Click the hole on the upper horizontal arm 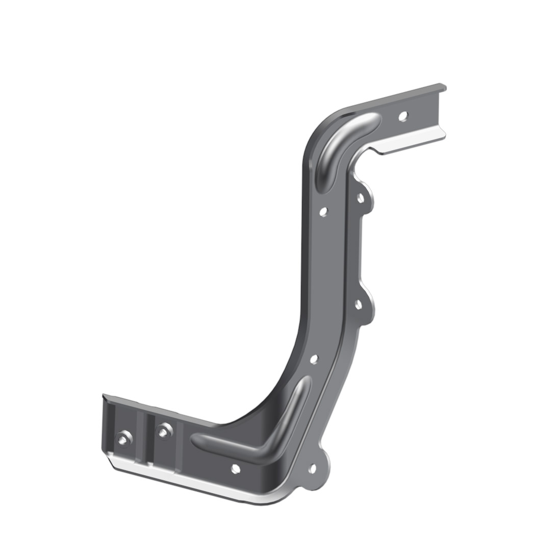403,116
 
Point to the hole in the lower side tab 358,304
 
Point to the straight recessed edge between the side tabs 361,250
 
